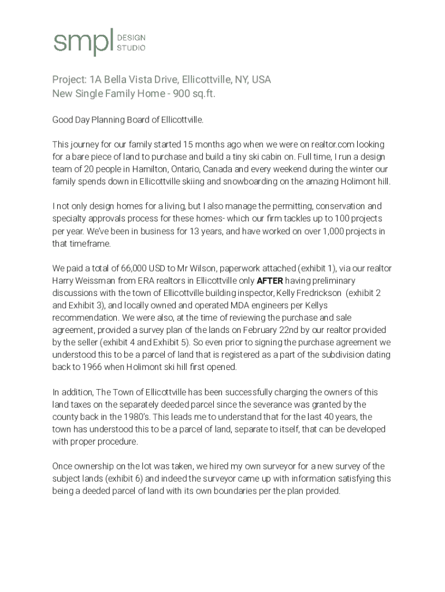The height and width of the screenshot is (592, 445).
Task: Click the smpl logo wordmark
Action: pyautogui.click(x=83, y=42)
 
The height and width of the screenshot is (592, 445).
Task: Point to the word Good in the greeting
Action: pyautogui.click(x=63, y=120)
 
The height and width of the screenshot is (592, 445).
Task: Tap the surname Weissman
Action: pyautogui.click(x=98, y=280)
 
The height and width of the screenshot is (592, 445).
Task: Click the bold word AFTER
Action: pyautogui.click(x=269, y=280)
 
